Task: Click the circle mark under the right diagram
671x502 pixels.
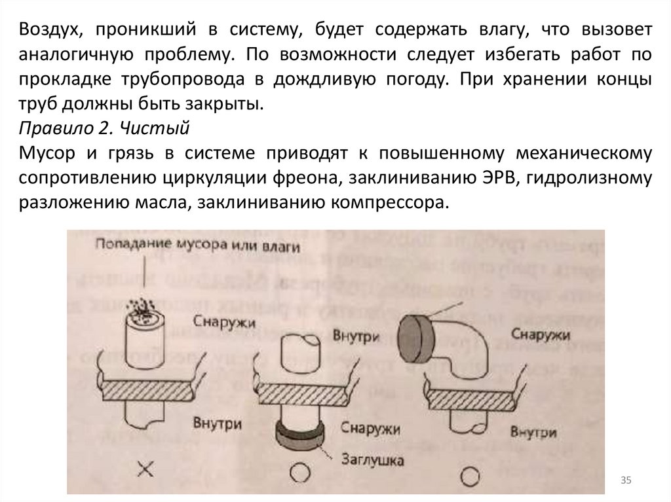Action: [x=470, y=473]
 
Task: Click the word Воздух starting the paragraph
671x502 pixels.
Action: [x=50, y=30]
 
